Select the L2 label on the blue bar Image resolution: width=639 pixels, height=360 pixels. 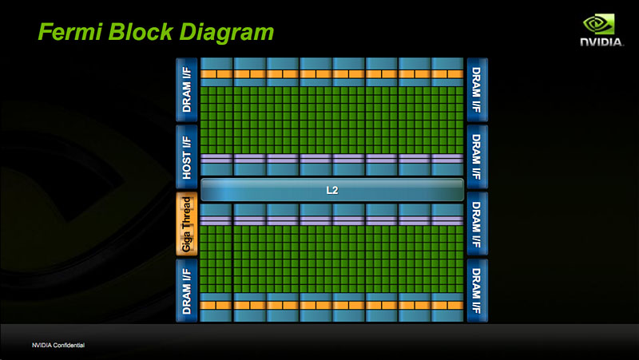point(332,190)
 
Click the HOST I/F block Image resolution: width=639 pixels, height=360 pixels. point(187,156)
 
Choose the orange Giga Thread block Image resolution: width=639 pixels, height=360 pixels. point(187,224)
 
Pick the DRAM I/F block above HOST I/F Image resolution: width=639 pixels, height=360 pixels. point(187,89)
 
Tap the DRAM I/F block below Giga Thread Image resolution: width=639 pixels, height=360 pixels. point(187,291)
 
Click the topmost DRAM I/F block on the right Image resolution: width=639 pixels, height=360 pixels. point(476,89)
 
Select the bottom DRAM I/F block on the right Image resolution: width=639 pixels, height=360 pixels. point(476,291)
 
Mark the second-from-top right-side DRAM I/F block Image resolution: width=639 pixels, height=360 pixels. point(476,156)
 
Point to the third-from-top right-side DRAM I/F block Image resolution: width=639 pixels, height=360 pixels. point(476,224)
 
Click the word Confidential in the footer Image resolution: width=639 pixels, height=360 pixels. point(68,345)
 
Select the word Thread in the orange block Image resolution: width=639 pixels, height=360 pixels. point(187,214)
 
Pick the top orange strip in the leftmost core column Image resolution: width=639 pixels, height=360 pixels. point(216,73)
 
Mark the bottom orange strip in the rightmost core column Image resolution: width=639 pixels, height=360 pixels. point(447,305)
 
